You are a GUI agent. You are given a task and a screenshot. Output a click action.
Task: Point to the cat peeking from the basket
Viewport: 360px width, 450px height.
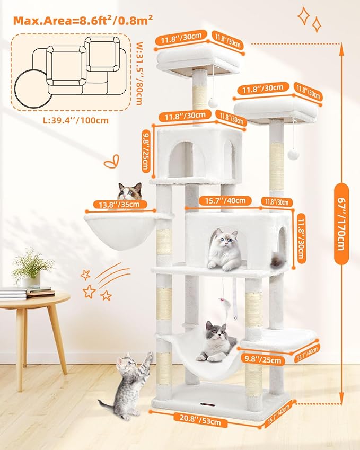pos(130,191)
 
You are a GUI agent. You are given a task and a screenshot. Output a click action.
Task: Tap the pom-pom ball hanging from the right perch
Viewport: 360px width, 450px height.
pos(291,153)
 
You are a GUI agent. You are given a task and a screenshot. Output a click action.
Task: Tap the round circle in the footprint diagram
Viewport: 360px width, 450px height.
pos(31,87)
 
